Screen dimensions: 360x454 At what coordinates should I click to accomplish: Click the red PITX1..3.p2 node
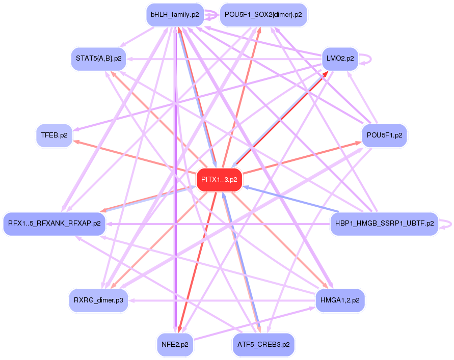[x=219, y=180]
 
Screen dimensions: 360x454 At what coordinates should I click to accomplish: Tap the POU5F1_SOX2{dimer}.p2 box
[x=263, y=15]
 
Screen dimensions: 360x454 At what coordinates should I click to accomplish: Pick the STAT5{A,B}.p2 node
[x=98, y=59]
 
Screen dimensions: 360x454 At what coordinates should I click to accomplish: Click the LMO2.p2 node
[x=340, y=59]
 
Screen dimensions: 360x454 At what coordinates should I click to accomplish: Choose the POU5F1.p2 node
[x=384, y=135]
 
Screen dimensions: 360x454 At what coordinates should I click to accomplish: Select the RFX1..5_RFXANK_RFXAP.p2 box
[x=54, y=224]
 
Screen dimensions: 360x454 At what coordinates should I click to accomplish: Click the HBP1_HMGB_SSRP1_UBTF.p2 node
[x=384, y=224]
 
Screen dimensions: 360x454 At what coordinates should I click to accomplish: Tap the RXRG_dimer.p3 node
[x=98, y=300]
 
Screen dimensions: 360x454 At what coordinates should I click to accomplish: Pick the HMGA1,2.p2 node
[x=340, y=300]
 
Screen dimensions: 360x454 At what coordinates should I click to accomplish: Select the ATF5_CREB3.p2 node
[x=263, y=344]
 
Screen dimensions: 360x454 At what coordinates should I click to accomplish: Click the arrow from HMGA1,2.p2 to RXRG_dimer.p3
[x=219, y=300]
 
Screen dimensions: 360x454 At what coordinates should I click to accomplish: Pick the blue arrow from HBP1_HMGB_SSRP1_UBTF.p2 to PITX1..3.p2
[x=290, y=200]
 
